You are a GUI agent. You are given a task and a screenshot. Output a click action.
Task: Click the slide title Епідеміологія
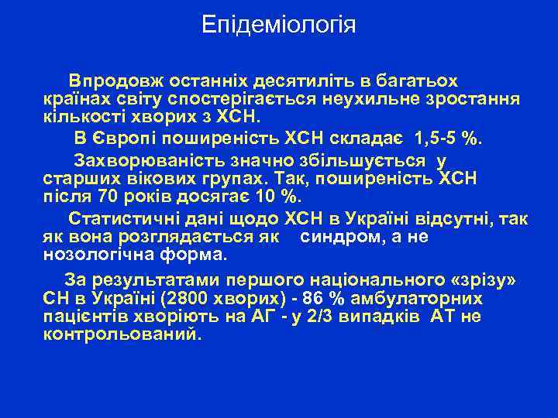pos(279,25)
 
